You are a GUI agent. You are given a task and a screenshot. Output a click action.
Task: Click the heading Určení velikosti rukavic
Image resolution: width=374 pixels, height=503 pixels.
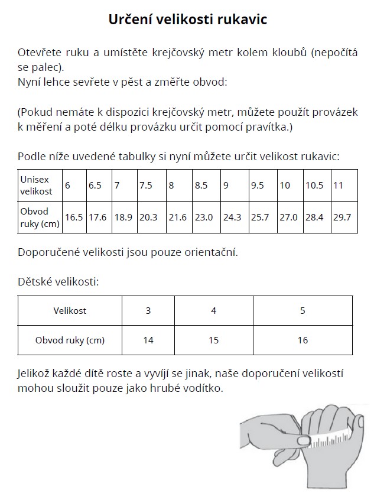point(188,20)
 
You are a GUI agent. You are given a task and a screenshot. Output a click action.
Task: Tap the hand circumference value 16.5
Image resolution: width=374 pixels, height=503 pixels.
point(74,217)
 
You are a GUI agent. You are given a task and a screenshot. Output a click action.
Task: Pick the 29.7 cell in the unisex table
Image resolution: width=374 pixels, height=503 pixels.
point(342,217)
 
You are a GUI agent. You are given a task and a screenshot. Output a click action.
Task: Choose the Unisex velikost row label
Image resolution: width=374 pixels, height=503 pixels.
point(37,185)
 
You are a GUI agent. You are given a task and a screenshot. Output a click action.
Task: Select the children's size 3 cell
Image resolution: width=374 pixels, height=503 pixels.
point(148,311)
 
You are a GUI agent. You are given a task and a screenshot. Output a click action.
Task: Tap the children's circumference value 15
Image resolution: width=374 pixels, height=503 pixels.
point(213,340)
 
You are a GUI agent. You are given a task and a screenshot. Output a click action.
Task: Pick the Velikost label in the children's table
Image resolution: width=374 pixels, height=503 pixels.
point(70,311)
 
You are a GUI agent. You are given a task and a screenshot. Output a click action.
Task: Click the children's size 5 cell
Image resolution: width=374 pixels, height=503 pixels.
point(303,311)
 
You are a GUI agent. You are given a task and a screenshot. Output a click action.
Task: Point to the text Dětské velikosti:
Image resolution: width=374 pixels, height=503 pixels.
point(58,281)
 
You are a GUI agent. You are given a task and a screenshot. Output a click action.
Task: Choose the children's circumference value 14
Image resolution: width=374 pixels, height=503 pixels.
point(148,340)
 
